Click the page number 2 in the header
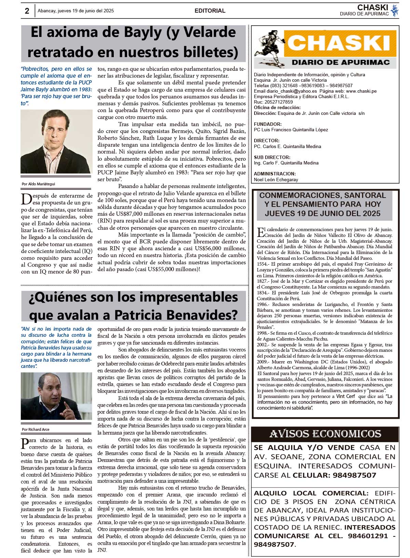[x=27, y=11]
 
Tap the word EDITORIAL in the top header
[x=210, y=11]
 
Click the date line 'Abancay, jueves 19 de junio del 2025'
[x=76, y=11]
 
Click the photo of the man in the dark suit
[x=56, y=141]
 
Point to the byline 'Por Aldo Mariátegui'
[x=38, y=184]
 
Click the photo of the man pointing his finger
[x=56, y=396]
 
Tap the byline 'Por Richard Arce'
[x=36, y=429]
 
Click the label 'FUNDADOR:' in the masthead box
[x=268, y=124]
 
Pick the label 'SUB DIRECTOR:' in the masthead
[x=272, y=157]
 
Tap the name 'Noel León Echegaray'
[x=276, y=180]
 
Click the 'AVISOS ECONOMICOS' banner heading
[x=325, y=434]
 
